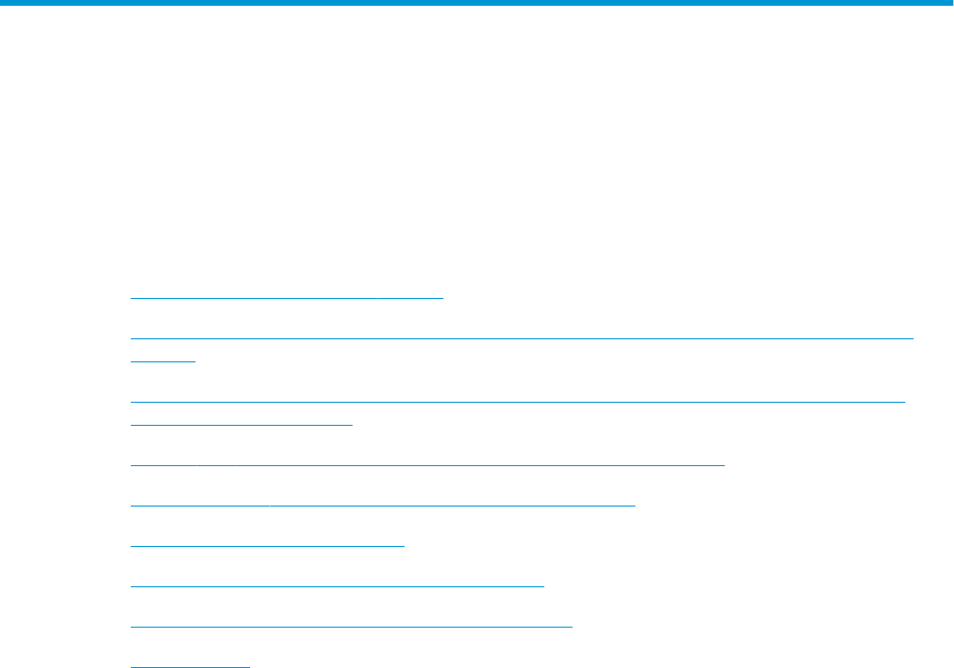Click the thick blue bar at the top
click(477, 3)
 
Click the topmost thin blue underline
click(287, 298)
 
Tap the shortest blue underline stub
click(163, 359)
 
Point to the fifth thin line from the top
click(241, 422)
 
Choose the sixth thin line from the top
click(427, 463)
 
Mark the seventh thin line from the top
click(383, 503)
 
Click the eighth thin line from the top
click(267, 544)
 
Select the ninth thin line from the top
click(337, 583)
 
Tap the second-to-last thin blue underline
click(351, 625)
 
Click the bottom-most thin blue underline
click(189, 665)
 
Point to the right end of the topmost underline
click(442, 298)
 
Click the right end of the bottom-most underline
click(249, 665)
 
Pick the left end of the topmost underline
click(131, 298)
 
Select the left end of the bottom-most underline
click(131, 665)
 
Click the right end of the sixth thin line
click(723, 463)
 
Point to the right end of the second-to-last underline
click(571, 625)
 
